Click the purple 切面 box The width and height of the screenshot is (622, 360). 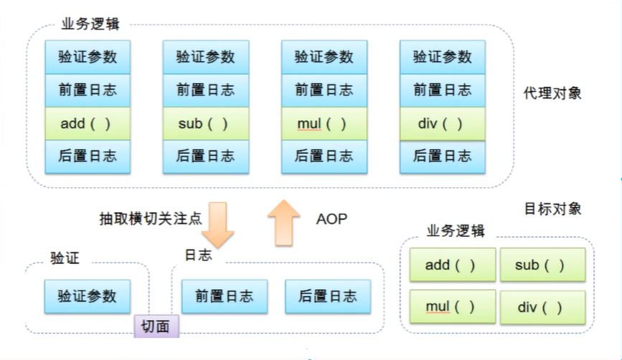pyautogui.click(x=156, y=326)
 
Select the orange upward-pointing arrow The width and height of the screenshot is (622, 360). pyautogui.click(x=284, y=223)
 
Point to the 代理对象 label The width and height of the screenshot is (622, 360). pyautogui.click(x=552, y=93)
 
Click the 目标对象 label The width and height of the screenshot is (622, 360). pyautogui.click(x=552, y=209)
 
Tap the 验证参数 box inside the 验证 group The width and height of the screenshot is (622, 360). pyautogui.click(x=88, y=295)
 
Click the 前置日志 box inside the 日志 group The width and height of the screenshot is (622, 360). pyautogui.click(x=224, y=295)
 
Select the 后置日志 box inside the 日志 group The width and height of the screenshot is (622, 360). pyautogui.click(x=327, y=295)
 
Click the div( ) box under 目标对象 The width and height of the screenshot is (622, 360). pyautogui.click(x=542, y=308)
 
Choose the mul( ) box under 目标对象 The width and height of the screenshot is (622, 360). pyautogui.click(x=452, y=308)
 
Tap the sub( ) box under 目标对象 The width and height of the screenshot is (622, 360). pyautogui.click(x=542, y=265)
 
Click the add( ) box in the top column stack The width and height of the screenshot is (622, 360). pyautogui.click(x=88, y=123)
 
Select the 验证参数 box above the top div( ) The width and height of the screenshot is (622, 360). pyautogui.click(x=442, y=57)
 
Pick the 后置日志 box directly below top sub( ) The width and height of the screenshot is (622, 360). pyautogui.click(x=206, y=156)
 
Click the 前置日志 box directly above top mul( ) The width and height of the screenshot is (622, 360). pyautogui.click(x=324, y=90)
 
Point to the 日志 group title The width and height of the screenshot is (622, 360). pyautogui.click(x=198, y=255)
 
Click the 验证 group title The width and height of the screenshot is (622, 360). pyautogui.click(x=65, y=257)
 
